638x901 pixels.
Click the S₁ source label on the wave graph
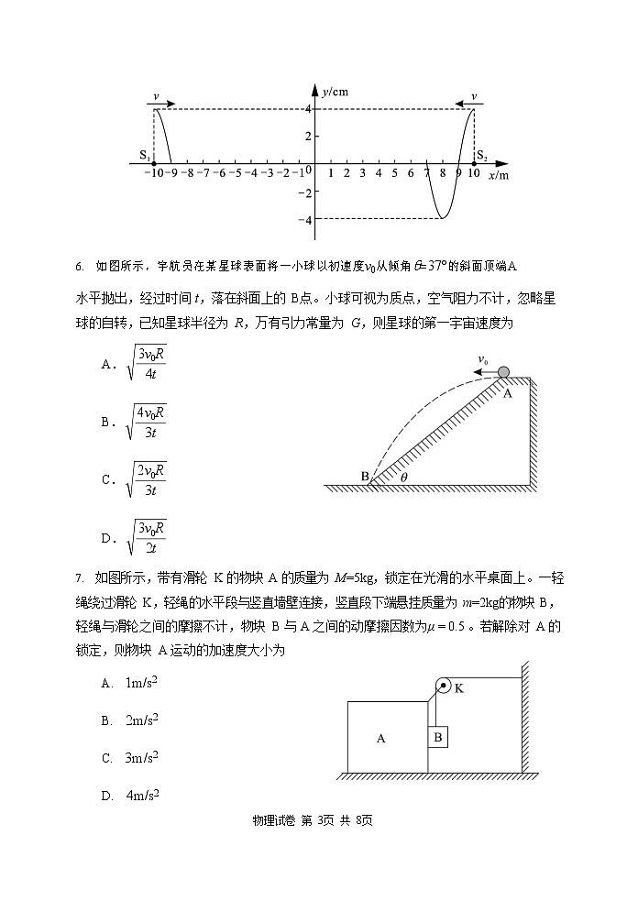point(144,155)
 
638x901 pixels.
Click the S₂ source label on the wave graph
point(480,155)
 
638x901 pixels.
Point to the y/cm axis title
point(336,92)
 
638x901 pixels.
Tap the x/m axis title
point(498,175)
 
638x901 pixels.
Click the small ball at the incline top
point(504,371)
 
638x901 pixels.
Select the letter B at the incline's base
point(364,476)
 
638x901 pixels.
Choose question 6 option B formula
point(146,421)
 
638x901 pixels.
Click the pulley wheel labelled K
point(443,686)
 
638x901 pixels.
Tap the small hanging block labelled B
point(438,736)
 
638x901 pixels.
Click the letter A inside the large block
point(381,738)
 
